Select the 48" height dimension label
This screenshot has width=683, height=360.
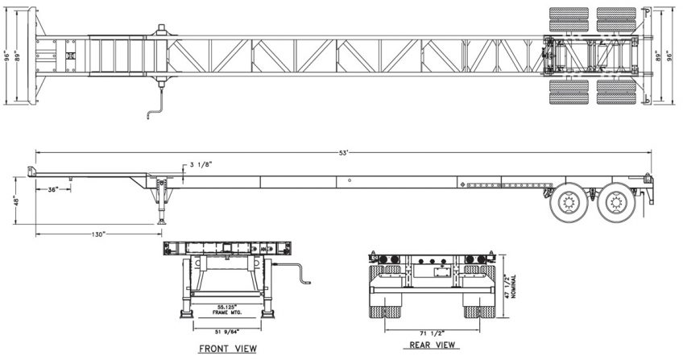click(14, 199)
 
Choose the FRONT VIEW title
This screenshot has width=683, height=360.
click(228, 349)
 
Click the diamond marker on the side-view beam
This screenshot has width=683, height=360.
click(462, 185)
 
